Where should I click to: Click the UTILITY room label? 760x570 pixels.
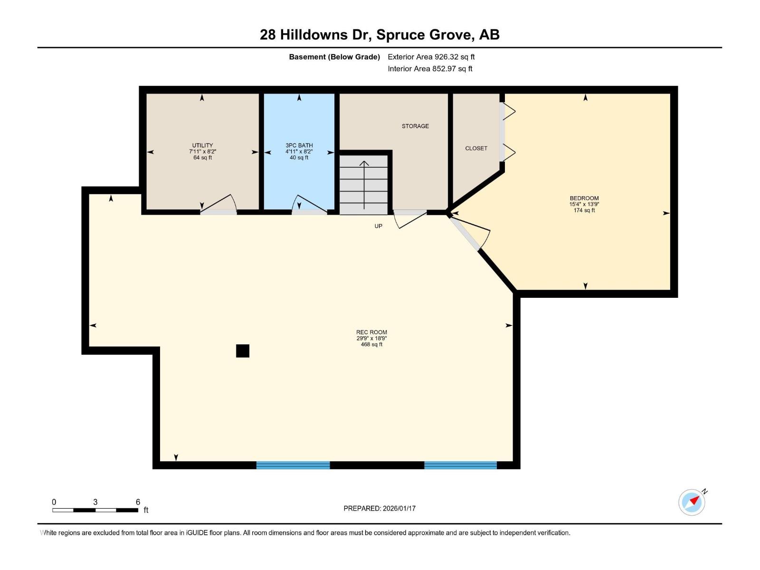[202, 145]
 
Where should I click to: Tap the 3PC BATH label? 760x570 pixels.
[299, 145]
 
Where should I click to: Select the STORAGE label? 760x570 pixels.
[415, 126]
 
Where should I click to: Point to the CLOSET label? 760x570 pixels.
[476, 148]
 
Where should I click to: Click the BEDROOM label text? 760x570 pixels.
[584, 198]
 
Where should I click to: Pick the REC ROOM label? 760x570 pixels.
[371, 332]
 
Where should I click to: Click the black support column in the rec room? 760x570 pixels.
[243, 351]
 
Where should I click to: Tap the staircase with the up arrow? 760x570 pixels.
[364, 185]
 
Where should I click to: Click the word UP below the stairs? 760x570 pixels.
[378, 226]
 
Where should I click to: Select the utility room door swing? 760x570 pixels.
[219, 205]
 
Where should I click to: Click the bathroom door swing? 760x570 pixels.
[309, 205]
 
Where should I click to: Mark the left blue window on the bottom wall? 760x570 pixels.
[293, 465]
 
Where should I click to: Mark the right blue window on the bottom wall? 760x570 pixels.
[460, 465]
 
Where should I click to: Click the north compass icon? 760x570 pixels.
[692, 502]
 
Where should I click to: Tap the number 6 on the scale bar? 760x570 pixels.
[138, 502]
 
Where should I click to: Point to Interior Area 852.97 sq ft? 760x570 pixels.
[430, 68]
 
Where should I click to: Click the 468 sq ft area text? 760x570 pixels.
[371, 344]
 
